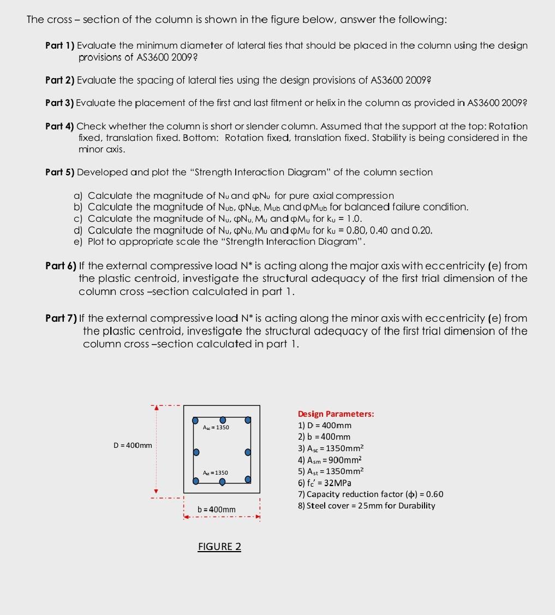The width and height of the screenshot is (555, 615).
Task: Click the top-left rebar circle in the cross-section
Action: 196,421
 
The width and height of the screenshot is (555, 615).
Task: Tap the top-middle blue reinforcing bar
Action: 223,419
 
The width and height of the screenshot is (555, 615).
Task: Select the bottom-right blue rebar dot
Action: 248,480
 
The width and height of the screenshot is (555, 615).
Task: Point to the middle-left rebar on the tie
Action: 196,452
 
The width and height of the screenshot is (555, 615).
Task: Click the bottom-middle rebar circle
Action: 223,482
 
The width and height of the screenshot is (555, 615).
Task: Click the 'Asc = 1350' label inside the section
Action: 216,427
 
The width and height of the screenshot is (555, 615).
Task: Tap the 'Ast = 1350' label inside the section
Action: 216,472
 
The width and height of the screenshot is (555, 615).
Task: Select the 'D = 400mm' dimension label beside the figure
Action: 133,445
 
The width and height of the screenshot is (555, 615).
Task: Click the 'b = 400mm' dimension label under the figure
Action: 217,510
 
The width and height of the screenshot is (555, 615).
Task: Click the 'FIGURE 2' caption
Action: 219,547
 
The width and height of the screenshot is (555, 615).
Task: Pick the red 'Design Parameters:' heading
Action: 336,414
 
